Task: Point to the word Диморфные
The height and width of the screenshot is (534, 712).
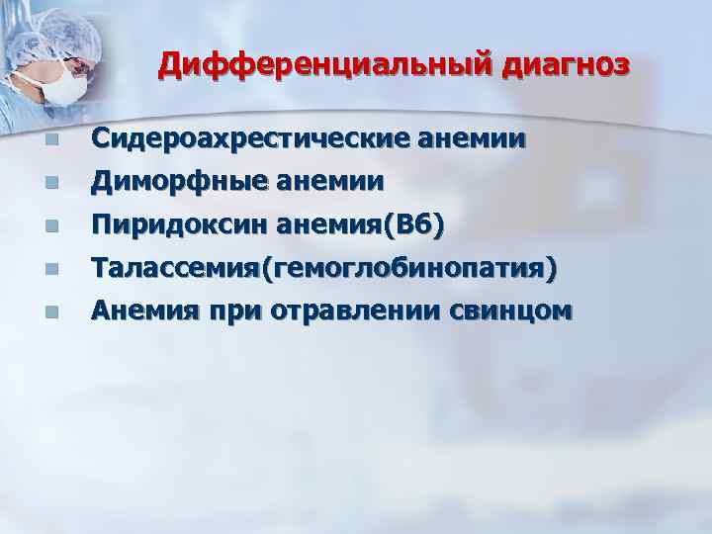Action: pyautogui.click(x=170, y=182)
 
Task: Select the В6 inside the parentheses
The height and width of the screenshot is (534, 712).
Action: pyautogui.click(x=414, y=225)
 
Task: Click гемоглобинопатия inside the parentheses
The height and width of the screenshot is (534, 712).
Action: pyautogui.click(x=406, y=269)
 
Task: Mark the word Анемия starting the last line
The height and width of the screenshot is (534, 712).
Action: pyautogui.click(x=141, y=311)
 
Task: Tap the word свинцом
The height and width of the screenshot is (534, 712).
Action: pyautogui.click(x=517, y=311)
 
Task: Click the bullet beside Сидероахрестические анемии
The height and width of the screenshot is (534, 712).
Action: pyautogui.click(x=50, y=141)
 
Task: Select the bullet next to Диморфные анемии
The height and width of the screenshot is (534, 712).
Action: pyautogui.click(x=50, y=184)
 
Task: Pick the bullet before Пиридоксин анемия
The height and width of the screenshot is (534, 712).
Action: pyautogui.click(x=50, y=227)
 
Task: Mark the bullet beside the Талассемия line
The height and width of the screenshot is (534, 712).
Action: pyautogui.click(x=50, y=270)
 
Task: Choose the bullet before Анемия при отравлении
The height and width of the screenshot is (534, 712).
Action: pyautogui.click(x=50, y=312)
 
